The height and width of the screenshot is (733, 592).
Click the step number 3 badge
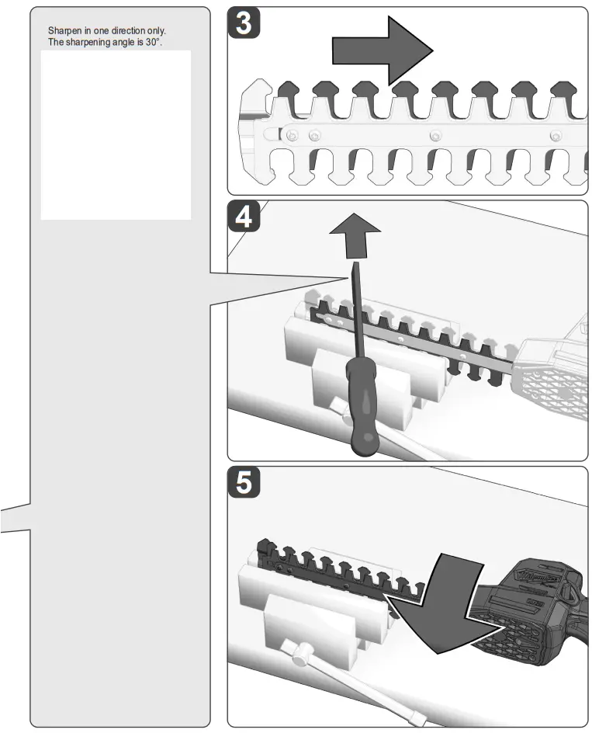243,24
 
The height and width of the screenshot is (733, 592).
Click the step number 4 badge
243,218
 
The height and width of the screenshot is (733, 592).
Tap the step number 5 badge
243,483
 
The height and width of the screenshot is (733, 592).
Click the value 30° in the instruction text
152,41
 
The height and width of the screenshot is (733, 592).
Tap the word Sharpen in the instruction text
63,31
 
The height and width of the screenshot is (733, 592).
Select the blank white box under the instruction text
116,135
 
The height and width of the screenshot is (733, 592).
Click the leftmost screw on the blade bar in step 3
292,136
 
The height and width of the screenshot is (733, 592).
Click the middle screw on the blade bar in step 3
436,136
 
